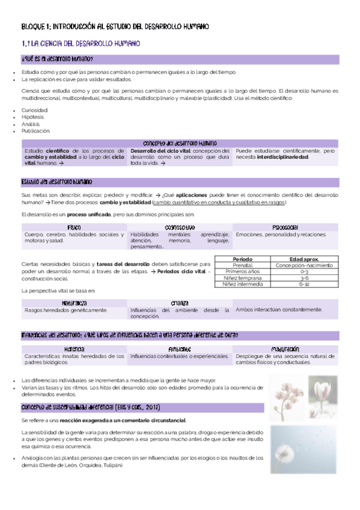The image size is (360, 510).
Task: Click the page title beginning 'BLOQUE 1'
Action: [x=115, y=26]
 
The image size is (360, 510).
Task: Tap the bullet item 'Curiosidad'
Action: [x=35, y=111]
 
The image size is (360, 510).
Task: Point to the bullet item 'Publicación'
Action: [x=36, y=131]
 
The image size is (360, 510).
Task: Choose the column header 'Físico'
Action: [x=74, y=227]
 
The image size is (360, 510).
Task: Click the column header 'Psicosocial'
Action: [x=285, y=227]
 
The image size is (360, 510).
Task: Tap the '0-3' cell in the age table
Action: [x=304, y=271]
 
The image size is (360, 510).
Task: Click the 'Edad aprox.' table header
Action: [x=304, y=259]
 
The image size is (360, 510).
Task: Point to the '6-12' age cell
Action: [x=304, y=284]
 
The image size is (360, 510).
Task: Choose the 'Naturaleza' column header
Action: [x=74, y=303]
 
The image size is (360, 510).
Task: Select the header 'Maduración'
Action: [x=285, y=349]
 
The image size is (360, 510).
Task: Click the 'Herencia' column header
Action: [x=74, y=349]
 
